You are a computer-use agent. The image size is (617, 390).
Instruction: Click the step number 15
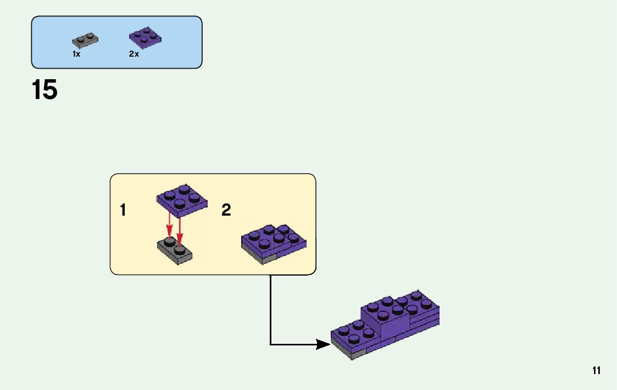(x=45, y=90)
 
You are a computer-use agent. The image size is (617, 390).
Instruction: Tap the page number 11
(x=596, y=370)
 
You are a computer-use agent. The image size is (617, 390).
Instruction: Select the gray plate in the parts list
(x=85, y=40)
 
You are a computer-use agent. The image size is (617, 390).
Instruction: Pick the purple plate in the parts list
(x=145, y=36)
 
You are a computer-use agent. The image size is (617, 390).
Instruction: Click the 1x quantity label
(x=76, y=54)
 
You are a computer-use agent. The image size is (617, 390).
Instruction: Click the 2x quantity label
(x=134, y=54)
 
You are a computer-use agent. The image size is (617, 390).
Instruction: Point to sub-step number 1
(x=123, y=210)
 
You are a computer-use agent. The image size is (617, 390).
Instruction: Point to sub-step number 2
(x=226, y=210)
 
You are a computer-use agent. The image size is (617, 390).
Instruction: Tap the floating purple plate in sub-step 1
(x=182, y=199)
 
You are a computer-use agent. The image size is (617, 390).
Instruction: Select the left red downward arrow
(x=170, y=228)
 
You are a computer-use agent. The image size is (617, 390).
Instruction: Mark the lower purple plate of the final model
(x=352, y=337)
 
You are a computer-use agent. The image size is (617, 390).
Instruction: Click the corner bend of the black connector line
(x=270, y=345)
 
